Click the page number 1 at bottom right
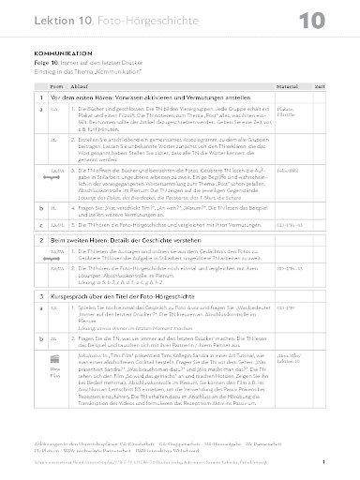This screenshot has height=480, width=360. point(323,461)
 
